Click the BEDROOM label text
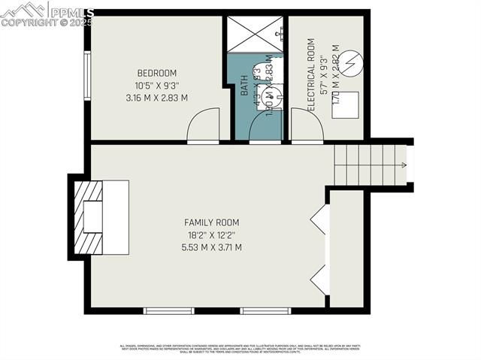pyautogui.click(x=156, y=73)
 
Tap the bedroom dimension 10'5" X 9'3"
pyautogui.click(x=156, y=85)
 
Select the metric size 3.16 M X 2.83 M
pyautogui.click(x=156, y=97)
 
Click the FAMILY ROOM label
pyautogui.click(x=212, y=222)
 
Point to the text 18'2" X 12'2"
pyautogui.click(x=212, y=234)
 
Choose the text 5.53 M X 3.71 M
pyautogui.click(x=212, y=247)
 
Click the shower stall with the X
pyautogui.click(x=256, y=34)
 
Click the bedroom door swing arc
pyautogui.click(x=203, y=125)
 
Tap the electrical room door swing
pyautogui.click(x=307, y=125)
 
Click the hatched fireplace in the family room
pyautogui.click(x=91, y=217)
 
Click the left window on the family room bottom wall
pyautogui.click(x=169, y=310)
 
